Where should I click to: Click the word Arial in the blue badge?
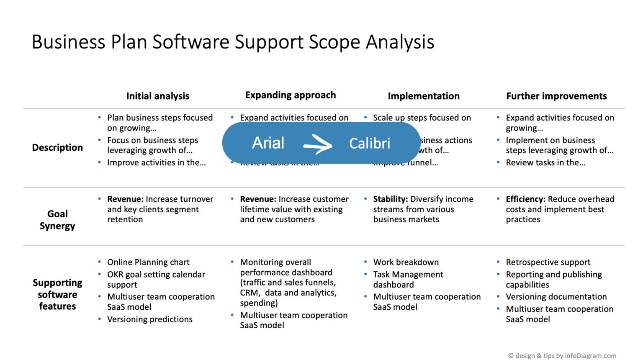coord(268,143)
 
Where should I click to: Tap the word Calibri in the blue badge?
coord(369,144)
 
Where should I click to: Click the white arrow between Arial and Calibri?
coord(318,145)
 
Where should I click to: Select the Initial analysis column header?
coord(158,96)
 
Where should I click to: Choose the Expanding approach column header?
coord(291,95)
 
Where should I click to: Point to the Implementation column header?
coord(423,96)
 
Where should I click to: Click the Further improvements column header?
coord(556,96)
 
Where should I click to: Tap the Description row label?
coord(57,147)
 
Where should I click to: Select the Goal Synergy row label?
coord(57,220)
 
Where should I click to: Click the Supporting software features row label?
coord(57,294)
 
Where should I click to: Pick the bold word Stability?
coord(390,199)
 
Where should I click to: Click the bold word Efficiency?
coord(525,199)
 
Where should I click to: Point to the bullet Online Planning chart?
coord(148,262)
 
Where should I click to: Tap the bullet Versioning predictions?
coord(149,319)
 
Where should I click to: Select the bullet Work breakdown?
coord(406,262)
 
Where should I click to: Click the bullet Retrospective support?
coord(548,262)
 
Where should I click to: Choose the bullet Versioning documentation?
coord(556,297)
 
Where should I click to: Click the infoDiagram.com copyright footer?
coord(562,356)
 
